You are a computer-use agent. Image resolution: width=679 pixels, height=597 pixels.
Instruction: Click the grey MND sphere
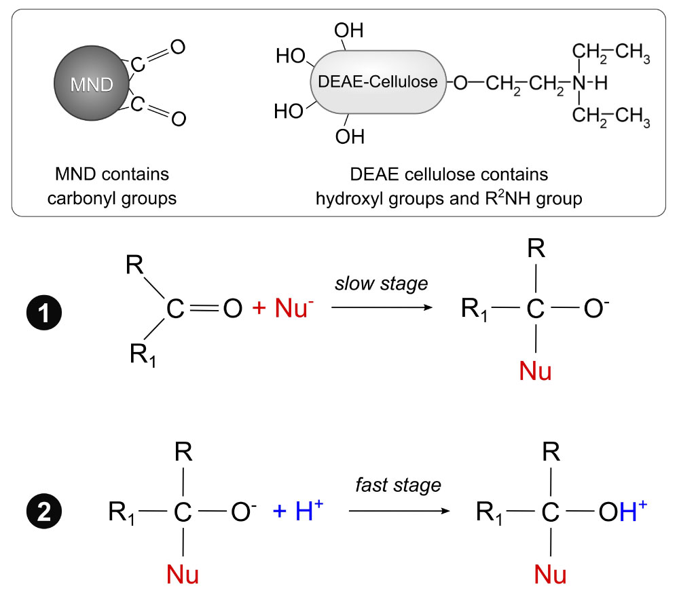92,83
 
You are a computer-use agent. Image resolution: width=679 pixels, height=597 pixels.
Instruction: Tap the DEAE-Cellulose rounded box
378,82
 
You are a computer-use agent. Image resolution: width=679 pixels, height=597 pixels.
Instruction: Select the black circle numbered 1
44,312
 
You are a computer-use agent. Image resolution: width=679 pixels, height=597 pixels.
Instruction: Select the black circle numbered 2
44,512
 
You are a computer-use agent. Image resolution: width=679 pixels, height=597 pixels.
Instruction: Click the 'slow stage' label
381,284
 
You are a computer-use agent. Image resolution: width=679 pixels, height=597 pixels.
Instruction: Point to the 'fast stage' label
398,485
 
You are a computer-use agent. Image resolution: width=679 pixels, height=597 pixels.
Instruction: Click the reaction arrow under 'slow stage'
382,307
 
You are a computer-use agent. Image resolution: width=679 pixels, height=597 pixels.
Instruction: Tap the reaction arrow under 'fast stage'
399,511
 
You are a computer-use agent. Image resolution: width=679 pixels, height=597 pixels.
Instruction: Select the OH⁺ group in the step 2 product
623,511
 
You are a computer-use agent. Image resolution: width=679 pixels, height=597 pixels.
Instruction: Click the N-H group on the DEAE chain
590,83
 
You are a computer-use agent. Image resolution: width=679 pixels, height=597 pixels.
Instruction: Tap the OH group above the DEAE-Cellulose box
348,31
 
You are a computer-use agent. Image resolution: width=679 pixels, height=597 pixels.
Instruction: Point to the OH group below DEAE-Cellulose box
350,137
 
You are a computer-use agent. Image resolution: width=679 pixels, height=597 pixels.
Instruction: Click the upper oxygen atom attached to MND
177,47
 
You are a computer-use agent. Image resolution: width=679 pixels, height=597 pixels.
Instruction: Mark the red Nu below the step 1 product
535,371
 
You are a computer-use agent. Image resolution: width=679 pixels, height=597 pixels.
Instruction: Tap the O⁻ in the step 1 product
596,308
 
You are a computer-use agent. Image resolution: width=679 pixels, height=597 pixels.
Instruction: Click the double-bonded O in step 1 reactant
232,309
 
